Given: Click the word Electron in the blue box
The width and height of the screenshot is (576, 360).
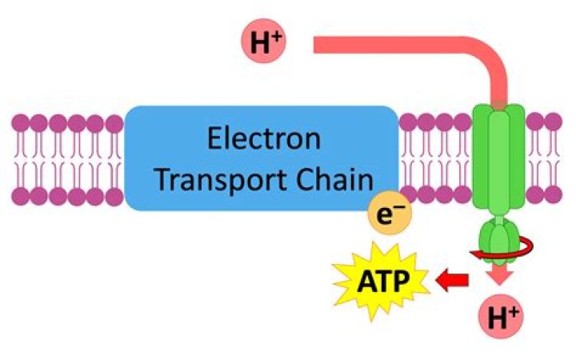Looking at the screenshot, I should (264, 140).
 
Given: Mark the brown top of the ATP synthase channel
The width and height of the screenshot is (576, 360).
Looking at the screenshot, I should (498, 105).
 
